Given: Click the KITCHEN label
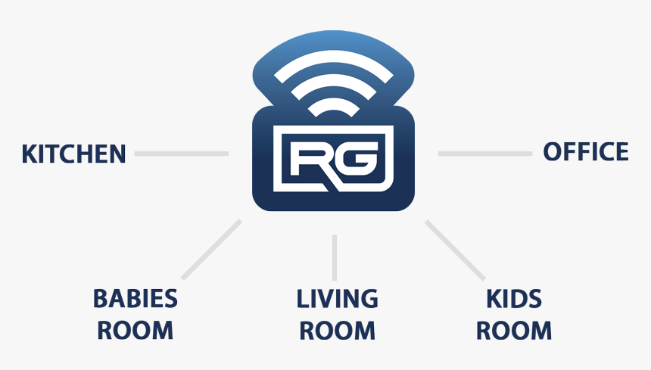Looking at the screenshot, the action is [x=73, y=154].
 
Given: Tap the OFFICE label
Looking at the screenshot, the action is [x=586, y=151].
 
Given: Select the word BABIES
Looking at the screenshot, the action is [x=135, y=299].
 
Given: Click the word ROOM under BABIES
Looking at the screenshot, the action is [x=135, y=331].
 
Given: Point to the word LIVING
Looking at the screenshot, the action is [x=337, y=299].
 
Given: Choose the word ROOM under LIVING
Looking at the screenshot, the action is [x=337, y=331].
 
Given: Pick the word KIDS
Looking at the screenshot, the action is [x=514, y=299].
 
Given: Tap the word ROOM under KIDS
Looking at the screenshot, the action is [x=514, y=331].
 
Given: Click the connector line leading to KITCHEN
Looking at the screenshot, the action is [x=182, y=154].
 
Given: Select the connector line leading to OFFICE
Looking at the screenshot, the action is [x=485, y=154].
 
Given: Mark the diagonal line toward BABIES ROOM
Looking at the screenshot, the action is [x=211, y=250].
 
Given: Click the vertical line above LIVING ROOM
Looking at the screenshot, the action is [x=335, y=257].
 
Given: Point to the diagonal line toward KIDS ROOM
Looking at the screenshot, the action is [x=455, y=250].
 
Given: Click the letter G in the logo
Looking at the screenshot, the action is [x=358, y=158].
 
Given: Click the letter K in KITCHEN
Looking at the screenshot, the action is [x=30, y=154].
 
